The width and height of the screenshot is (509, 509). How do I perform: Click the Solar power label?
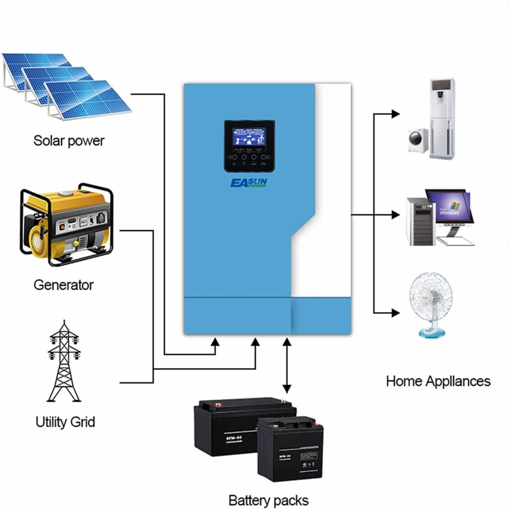[x=69, y=141]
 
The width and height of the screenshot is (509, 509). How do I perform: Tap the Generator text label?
[x=63, y=285]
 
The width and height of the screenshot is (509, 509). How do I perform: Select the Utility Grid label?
[x=65, y=422]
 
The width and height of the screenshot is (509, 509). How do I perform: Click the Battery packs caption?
[x=268, y=500]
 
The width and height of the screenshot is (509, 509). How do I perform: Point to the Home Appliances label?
[x=438, y=381]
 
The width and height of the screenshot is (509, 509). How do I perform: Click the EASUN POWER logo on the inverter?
[x=249, y=183]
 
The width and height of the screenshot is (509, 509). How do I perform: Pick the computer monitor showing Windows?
[x=449, y=207]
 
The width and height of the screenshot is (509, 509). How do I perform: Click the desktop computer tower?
[x=420, y=221]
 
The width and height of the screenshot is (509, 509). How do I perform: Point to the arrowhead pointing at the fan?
[x=395, y=313]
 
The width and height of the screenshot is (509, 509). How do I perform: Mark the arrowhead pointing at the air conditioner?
[x=395, y=114]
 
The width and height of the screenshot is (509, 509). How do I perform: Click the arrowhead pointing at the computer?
[x=395, y=215]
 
